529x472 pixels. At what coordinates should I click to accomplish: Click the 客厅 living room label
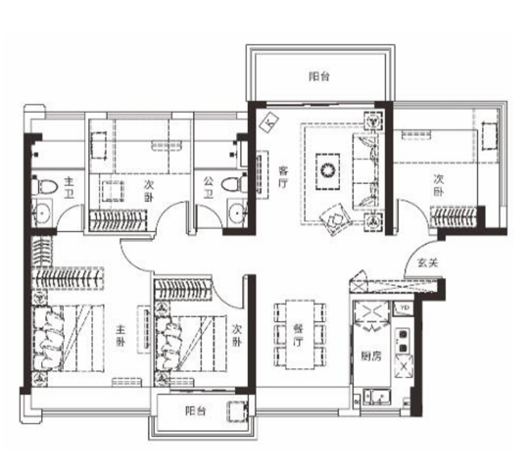click(283, 176)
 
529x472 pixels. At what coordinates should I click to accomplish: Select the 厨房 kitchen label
click(370, 356)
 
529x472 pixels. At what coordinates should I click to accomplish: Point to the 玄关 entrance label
click(427, 262)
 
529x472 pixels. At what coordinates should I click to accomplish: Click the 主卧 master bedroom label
click(120, 335)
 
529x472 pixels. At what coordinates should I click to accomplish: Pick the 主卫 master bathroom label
click(69, 188)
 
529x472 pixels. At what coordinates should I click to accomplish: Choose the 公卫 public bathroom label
click(208, 188)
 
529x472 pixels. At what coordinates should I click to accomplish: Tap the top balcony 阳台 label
click(319, 76)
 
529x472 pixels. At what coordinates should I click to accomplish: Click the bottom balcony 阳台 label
click(196, 411)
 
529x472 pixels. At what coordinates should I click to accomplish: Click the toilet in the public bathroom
click(235, 184)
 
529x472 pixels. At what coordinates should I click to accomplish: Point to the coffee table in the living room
click(327, 171)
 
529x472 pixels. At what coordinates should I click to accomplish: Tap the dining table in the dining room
click(301, 335)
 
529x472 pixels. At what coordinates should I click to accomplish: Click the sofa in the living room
click(365, 171)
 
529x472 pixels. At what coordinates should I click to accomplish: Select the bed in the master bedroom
click(68, 338)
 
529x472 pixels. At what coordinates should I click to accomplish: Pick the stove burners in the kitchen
click(403, 340)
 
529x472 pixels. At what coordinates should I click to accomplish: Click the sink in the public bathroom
click(238, 212)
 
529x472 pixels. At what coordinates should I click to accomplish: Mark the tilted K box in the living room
click(268, 122)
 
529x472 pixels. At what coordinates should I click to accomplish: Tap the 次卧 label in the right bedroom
click(438, 184)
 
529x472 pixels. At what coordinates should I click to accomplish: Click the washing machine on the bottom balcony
click(237, 411)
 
